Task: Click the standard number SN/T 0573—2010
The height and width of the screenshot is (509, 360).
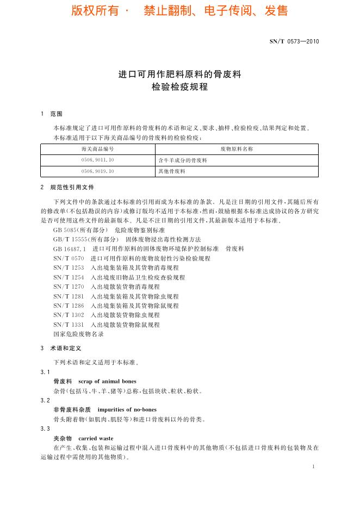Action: click(x=294, y=41)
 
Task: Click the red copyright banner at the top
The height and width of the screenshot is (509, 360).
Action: click(x=179, y=11)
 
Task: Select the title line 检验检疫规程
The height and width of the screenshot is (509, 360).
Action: click(x=179, y=87)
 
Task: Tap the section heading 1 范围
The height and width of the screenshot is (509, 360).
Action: click(x=52, y=114)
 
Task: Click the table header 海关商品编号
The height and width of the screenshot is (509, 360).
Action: click(x=97, y=148)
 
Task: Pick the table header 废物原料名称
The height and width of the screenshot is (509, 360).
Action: click(x=237, y=148)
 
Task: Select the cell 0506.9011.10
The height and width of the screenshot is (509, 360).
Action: click(x=97, y=160)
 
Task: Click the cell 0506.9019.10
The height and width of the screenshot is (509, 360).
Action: click(x=97, y=171)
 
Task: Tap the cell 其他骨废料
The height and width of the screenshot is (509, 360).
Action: click(x=171, y=171)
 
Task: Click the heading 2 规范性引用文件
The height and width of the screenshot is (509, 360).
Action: click(x=67, y=187)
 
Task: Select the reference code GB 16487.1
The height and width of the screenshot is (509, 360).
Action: click(x=69, y=249)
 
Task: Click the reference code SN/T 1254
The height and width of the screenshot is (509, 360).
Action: click(x=69, y=277)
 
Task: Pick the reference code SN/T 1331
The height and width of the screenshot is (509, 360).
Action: click(x=69, y=325)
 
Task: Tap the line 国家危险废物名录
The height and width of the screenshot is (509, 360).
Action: click(x=78, y=334)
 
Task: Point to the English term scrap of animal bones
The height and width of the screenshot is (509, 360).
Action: click(x=107, y=381)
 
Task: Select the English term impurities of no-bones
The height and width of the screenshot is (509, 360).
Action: click(x=127, y=409)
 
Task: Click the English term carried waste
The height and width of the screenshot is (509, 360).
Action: click(x=96, y=438)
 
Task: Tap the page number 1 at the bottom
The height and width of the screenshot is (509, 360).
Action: click(x=314, y=467)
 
